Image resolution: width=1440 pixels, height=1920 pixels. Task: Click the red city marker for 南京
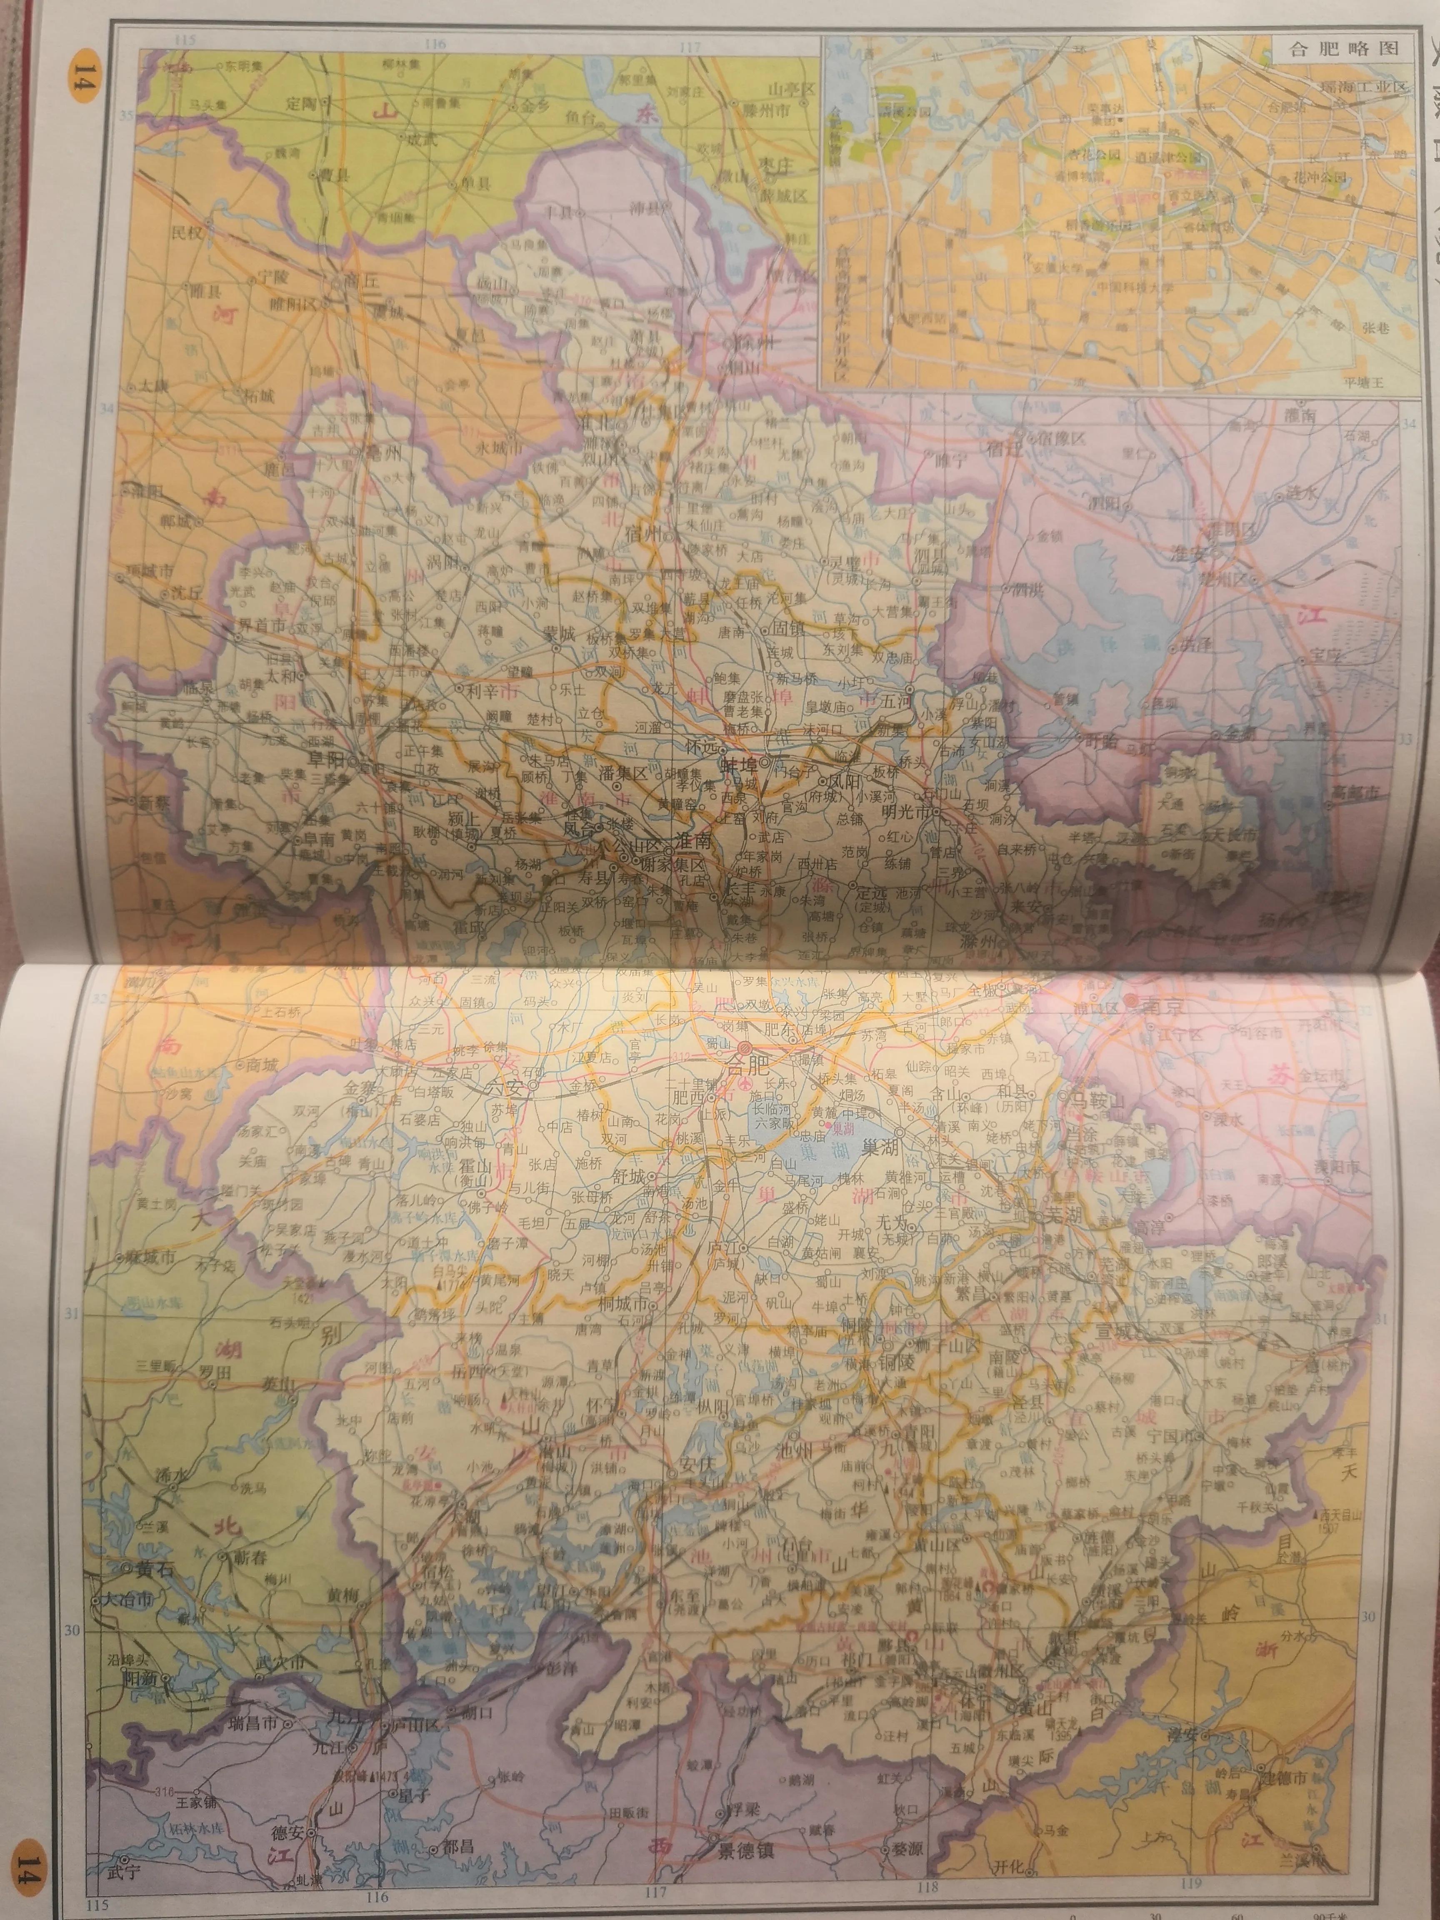point(1131,1001)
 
